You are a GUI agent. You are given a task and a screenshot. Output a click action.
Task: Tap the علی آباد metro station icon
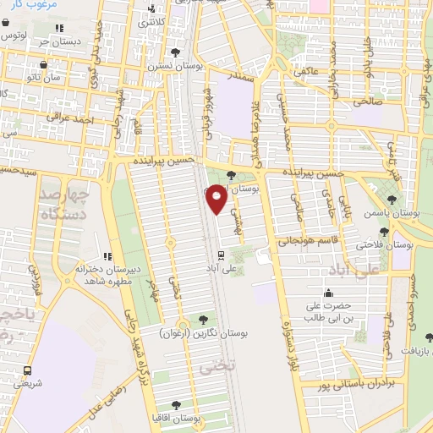click(221, 255)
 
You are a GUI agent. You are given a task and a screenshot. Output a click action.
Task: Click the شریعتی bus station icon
click(28, 370)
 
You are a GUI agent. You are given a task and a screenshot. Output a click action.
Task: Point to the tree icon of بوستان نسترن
click(176, 52)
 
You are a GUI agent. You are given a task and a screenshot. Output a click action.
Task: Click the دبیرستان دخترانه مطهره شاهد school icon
click(107, 255)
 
